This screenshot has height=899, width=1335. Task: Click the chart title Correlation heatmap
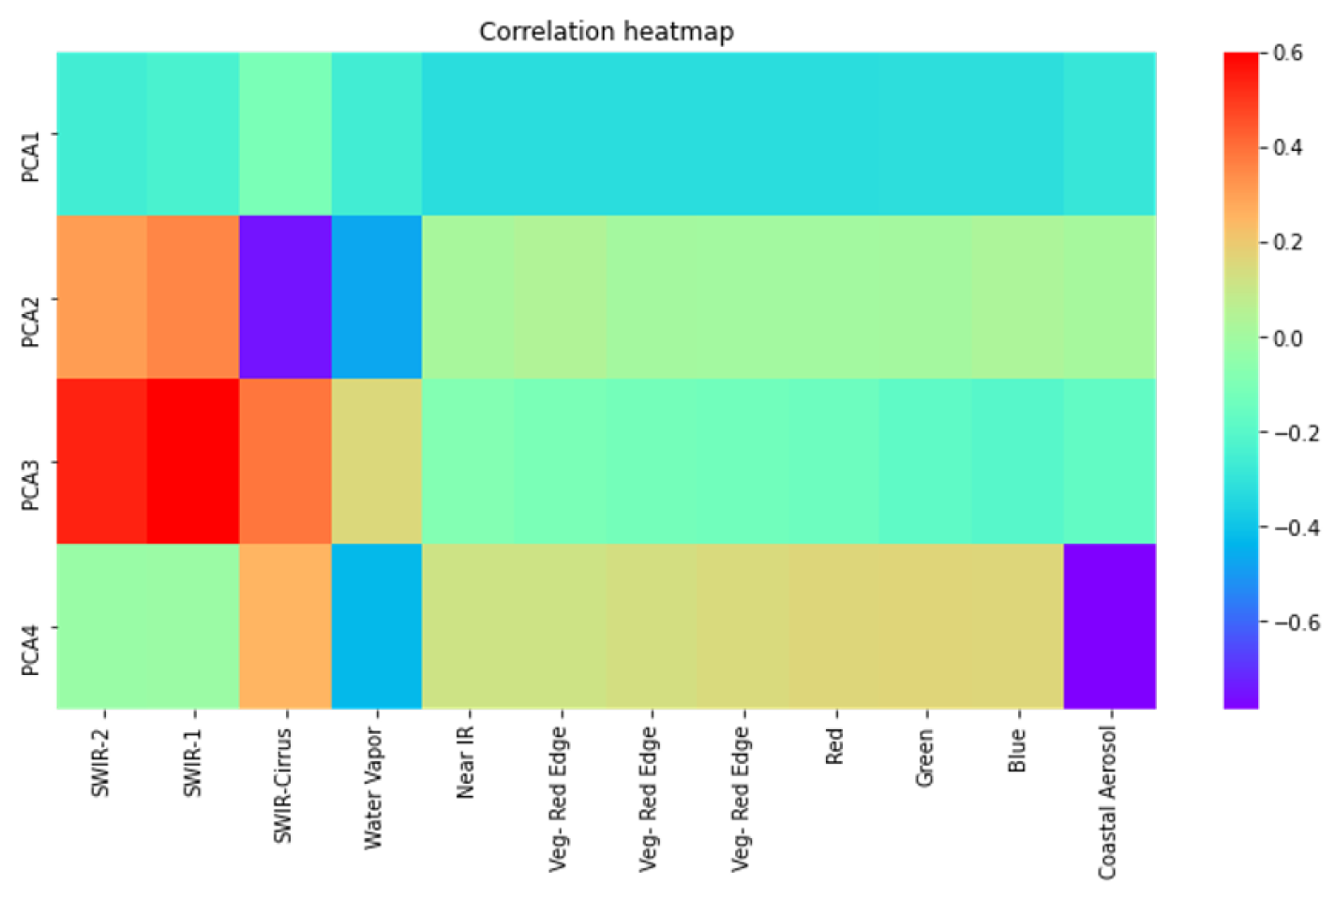606,31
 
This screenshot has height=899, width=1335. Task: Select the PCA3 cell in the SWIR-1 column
193,461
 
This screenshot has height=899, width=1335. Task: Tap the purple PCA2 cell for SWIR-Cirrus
285,297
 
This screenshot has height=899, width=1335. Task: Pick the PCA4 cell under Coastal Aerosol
1109,625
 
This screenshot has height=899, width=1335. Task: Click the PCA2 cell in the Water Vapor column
376,297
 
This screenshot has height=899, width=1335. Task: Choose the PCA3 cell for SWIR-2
102,461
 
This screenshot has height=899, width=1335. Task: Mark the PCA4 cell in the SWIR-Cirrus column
285,625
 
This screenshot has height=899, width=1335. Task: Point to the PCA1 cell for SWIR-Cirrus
285,134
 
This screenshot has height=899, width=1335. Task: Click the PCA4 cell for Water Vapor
376,625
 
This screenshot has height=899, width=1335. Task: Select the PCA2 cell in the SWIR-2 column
102,297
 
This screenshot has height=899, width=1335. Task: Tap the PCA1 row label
31,157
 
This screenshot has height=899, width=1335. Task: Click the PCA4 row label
31,650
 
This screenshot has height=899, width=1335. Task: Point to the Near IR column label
466,762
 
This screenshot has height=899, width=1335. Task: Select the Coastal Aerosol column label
1108,802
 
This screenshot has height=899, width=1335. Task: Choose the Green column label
925,757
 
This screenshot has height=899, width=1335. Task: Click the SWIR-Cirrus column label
283,786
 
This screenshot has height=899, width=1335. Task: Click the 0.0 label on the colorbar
1288,337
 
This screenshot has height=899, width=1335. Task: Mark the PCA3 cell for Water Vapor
376,461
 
